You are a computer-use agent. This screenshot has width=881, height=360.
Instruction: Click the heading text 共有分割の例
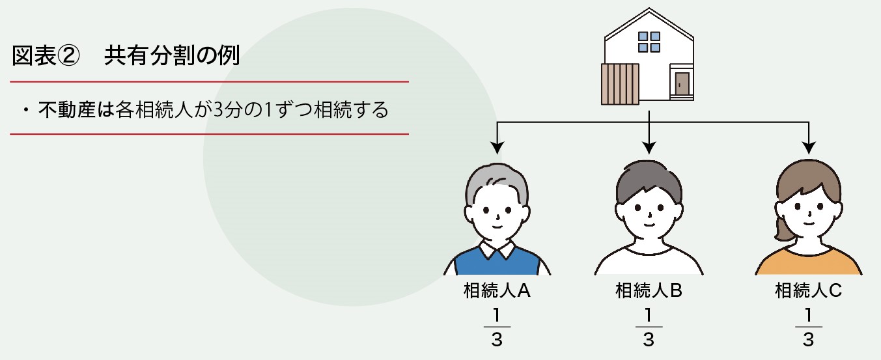(172, 57)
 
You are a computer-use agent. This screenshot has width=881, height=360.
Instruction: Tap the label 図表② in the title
(45, 57)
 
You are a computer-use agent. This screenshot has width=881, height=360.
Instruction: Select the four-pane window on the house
(649, 42)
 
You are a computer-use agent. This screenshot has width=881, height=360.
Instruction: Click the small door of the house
(682, 83)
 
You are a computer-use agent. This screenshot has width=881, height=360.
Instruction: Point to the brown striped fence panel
(619, 84)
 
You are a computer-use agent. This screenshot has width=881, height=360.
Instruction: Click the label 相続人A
(497, 290)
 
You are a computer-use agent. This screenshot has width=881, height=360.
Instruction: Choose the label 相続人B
(649, 290)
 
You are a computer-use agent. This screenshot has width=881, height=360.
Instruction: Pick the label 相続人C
(808, 290)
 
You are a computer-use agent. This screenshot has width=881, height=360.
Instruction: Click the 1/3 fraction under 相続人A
(497, 325)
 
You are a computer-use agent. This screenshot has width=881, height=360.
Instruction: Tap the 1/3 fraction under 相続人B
(649, 325)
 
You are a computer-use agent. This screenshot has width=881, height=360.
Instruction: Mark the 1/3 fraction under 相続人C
(808, 325)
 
